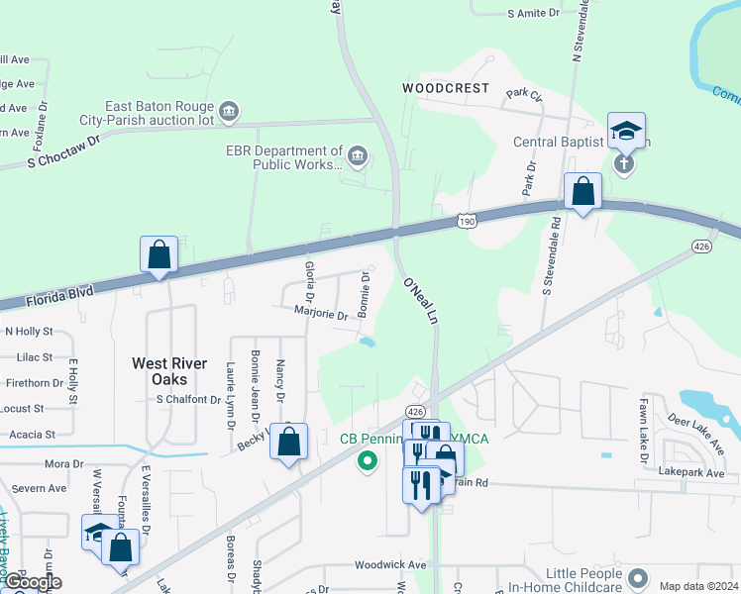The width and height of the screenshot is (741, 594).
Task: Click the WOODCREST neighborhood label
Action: [446, 88]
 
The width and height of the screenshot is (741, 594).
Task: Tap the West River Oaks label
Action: [169, 363]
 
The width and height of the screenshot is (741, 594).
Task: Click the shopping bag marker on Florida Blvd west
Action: [159, 255]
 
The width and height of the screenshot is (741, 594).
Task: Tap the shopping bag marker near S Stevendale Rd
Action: [582, 191]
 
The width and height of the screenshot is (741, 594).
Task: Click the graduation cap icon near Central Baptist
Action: [626, 131]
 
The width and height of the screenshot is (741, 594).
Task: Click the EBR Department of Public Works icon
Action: [357, 153]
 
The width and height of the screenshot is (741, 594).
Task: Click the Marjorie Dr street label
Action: [321, 316]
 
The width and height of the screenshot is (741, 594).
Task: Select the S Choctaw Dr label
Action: [65, 149]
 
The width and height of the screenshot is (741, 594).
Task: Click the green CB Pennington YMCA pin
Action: [369, 460]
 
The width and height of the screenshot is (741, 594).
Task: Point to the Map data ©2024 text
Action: [697, 586]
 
